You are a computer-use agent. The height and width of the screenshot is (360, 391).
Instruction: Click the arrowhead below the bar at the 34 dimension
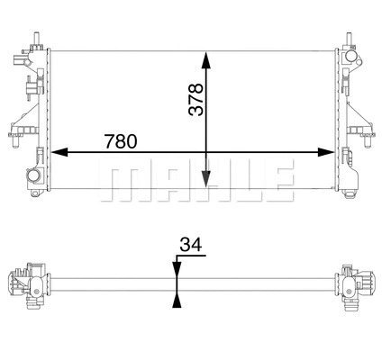(x=177, y=300)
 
